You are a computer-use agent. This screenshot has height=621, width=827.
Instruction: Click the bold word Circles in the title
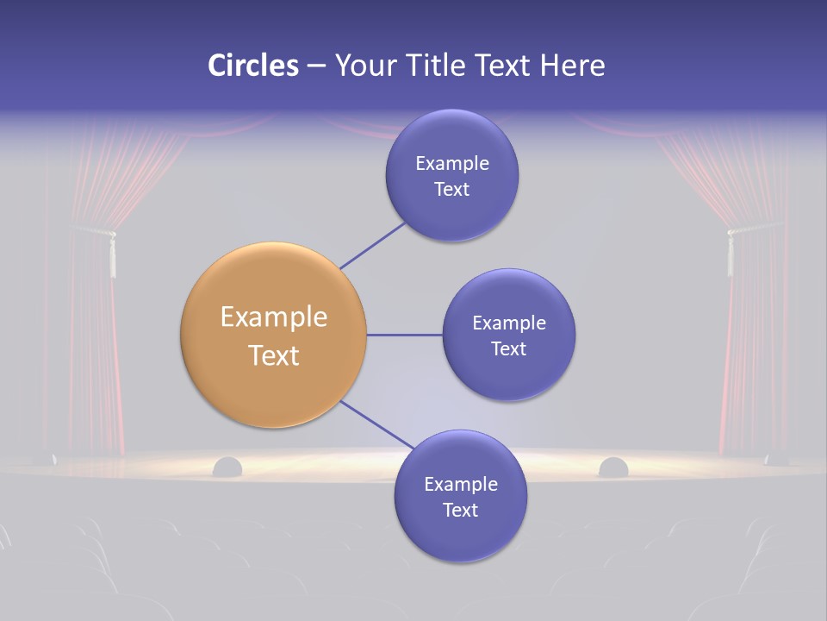253,66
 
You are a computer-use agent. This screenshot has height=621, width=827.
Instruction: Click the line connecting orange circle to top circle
372,245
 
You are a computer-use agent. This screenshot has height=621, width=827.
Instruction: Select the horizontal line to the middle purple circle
405,335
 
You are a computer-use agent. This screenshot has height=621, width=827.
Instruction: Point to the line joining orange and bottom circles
377,424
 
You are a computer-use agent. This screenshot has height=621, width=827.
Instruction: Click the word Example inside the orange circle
274,317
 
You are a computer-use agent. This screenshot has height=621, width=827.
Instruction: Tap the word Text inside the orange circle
274,355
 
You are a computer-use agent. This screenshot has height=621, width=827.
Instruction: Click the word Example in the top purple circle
452,164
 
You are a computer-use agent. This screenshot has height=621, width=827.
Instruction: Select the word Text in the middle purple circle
508,349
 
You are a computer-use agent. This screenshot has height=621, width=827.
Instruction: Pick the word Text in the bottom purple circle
460,511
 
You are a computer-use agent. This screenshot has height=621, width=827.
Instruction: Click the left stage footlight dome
227,467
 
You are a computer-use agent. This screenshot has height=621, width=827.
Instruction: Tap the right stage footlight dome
613,467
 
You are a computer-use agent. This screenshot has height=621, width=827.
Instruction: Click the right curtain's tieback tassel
730,255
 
